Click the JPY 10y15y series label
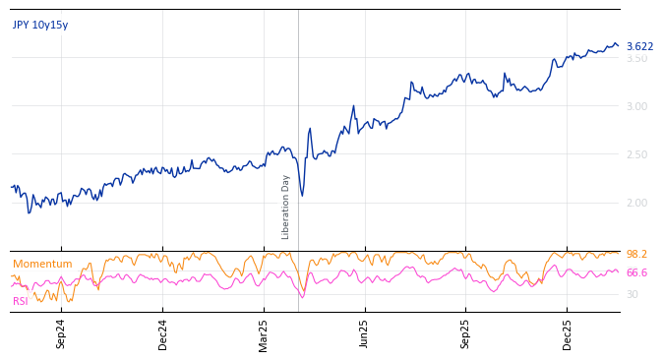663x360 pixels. pos(40,26)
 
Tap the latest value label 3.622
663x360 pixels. pos(639,46)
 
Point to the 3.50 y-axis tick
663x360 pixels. pos(636,58)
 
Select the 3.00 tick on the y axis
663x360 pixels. pos(636,106)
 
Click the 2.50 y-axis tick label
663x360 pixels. pos(636,154)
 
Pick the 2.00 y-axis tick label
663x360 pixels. pos(636,203)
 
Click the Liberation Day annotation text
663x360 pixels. pos(286,207)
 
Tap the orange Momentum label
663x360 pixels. pos(42,264)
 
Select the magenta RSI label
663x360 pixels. pos(21,301)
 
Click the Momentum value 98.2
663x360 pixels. pos(636,254)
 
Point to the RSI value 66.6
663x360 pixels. pos(636,272)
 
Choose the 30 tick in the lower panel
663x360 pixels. pos(632,294)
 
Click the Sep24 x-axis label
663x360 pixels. pos(61,333)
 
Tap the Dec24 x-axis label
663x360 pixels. pos(163,333)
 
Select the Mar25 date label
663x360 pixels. pos(264,333)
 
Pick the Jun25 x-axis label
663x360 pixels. pos(365,333)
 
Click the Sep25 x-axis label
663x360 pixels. pos(466,333)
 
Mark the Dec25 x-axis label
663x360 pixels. pos(568,333)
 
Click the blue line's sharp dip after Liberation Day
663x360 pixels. pos(302,196)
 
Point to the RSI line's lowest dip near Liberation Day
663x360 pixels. pos(302,297)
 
